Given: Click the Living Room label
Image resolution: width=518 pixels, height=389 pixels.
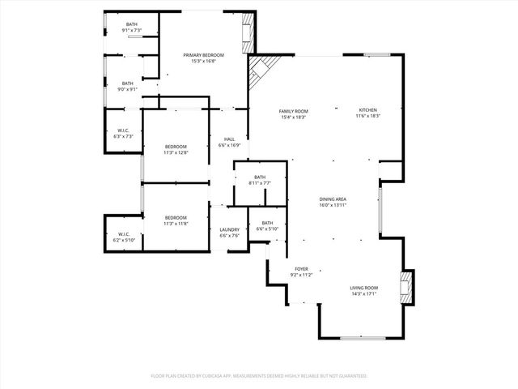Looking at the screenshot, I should coord(364,289).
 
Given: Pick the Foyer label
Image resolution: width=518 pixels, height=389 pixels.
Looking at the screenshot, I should coord(301,269).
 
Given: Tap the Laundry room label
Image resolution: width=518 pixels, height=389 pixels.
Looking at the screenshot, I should coord(229,230).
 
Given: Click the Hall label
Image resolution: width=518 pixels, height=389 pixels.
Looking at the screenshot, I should coord(229,139).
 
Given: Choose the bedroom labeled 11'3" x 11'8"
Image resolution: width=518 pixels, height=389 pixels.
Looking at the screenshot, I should coord(176,217).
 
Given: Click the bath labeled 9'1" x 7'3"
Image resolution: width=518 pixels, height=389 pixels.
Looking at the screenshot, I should coord(131,24).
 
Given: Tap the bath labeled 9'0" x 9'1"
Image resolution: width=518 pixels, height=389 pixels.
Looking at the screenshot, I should coord(128,83).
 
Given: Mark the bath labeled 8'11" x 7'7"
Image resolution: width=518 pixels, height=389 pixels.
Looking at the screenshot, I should coord(260,177).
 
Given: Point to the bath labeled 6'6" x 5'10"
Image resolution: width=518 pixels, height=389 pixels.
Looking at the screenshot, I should coord(267,223).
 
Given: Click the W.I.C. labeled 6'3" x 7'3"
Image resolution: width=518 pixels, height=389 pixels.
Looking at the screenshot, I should coord(123,130).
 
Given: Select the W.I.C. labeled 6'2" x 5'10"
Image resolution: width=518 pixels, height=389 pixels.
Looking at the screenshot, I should coord(123,235).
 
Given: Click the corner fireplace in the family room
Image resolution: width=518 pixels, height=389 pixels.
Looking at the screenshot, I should coord(261,73).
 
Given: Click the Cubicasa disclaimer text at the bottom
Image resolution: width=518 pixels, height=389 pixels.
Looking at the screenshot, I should coord(259,376).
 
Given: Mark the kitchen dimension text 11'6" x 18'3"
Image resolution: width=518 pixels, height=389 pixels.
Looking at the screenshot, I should coord(368,116).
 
